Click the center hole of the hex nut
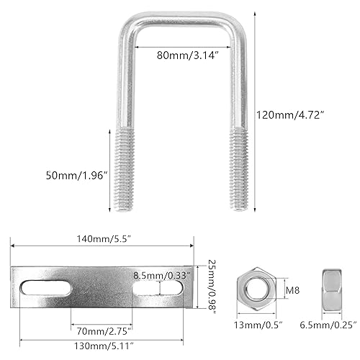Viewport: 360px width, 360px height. (x=252, y=287)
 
